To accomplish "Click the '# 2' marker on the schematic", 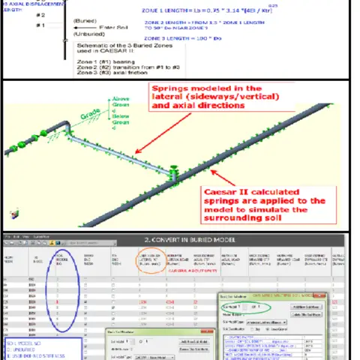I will click(x=40, y=15).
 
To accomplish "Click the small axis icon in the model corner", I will click(x=13, y=214).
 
